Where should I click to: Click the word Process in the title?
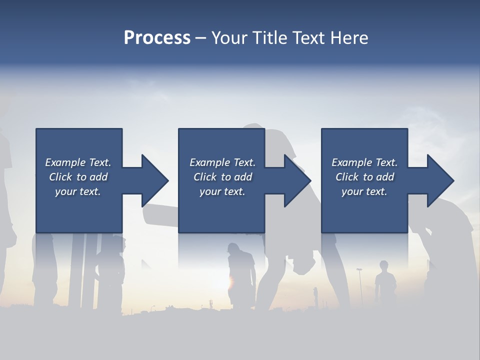click(x=157, y=38)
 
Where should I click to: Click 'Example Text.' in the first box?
click(x=78, y=162)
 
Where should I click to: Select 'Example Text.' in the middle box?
click(x=222, y=162)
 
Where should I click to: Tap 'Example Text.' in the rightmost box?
click(x=364, y=162)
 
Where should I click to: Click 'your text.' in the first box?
click(x=78, y=191)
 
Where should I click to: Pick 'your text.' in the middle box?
click(x=222, y=191)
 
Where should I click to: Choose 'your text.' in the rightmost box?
click(x=364, y=191)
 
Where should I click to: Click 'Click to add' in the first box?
click(x=78, y=177)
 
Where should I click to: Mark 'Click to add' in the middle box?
click(x=222, y=177)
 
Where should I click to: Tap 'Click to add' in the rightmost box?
click(x=364, y=177)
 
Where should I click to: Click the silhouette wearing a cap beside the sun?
click(x=241, y=272)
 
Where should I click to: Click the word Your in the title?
click(x=232, y=38)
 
